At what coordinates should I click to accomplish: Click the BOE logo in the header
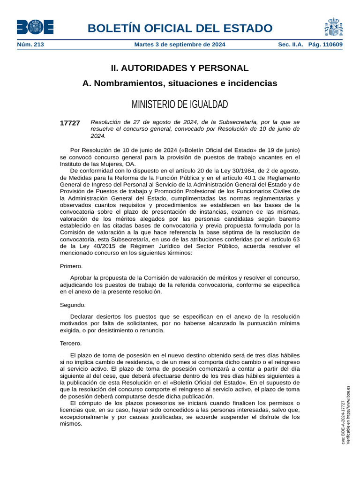[x=35, y=27]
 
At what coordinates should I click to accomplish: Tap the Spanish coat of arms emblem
[x=333, y=27]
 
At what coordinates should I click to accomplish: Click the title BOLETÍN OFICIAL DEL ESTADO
[x=180, y=28]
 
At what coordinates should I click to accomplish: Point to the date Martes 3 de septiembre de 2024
[x=180, y=45]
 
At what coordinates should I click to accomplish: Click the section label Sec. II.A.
[x=291, y=45]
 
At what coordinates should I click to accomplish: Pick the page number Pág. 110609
[x=325, y=45]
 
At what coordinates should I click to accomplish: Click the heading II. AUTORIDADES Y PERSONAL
[x=180, y=68]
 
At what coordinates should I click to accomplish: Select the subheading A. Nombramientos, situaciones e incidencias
[x=180, y=83]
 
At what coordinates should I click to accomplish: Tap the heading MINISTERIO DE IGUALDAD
[x=180, y=104]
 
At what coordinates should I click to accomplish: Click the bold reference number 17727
[x=70, y=123]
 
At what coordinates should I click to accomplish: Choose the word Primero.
[x=71, y=266]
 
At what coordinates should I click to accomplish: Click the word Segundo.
[x=73, y=305]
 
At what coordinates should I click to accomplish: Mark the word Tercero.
[x=71, y=343]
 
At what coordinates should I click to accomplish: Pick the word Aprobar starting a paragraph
[x=82, y=278]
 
